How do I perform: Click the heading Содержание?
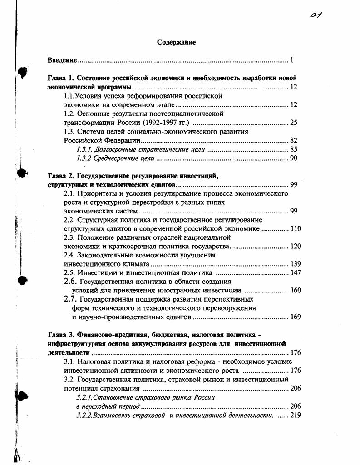pos(176,42)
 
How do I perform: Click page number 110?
pos(295,229)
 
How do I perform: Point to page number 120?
pos(295,247)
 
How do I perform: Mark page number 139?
pos(295,264)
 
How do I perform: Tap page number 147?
pos(295,273)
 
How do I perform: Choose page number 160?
pos(295,291)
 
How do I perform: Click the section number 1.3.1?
pos(84,149)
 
